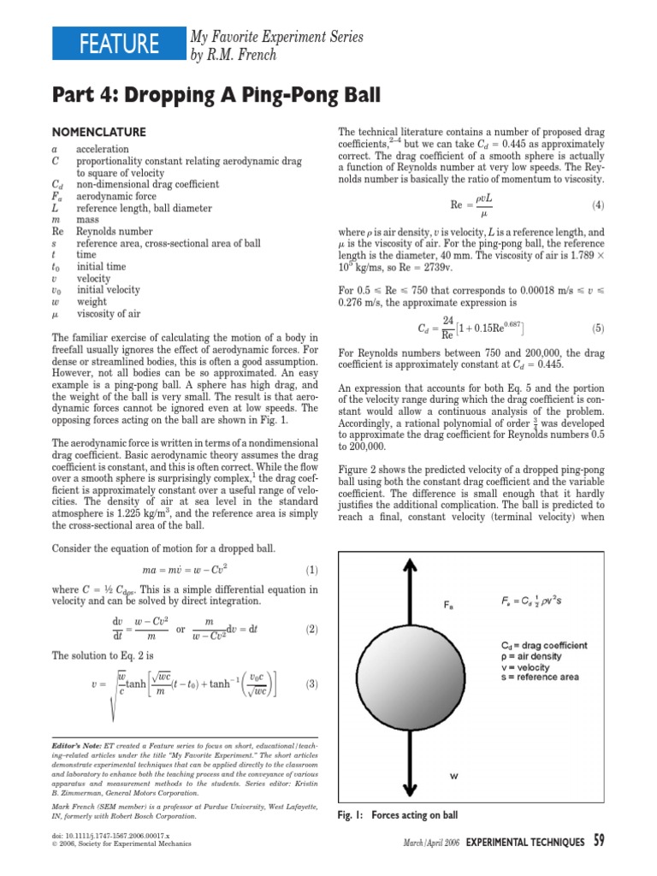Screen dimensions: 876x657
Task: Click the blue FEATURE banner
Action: pyautogui.click(x=118, y=44)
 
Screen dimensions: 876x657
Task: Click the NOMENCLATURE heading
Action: pyautogui.click(x=99, y=133)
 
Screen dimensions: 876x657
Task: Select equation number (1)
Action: pyautogui.click(x=311, y=570)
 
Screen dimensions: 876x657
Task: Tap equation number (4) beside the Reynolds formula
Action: pyautogui.click(x=597, y=206)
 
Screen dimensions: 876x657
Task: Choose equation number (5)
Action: pyautogui.click(x=597, y=328)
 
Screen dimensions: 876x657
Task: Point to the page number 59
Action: pyautogui.click(x=599, y=842)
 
